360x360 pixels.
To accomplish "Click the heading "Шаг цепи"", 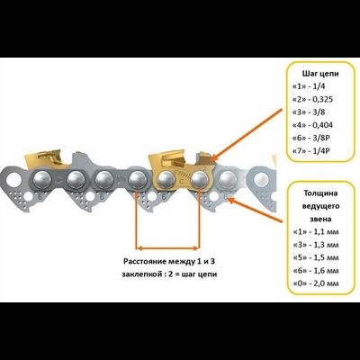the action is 320,74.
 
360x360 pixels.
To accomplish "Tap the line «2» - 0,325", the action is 312,99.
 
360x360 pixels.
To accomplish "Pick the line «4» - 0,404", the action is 312,125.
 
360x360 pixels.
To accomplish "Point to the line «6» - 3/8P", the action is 310,138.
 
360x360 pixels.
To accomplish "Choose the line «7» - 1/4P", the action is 310,151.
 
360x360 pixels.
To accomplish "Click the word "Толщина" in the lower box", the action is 320,193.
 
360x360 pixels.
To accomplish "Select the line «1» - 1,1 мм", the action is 315,232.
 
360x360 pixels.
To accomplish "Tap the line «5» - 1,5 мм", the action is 315,257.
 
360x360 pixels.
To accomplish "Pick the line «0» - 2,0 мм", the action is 315,283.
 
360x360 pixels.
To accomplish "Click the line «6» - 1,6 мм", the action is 315,271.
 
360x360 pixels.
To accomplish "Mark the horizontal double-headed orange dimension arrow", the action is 167,248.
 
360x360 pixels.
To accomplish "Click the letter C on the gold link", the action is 181,182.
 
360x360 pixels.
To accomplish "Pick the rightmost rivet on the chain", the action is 261,180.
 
